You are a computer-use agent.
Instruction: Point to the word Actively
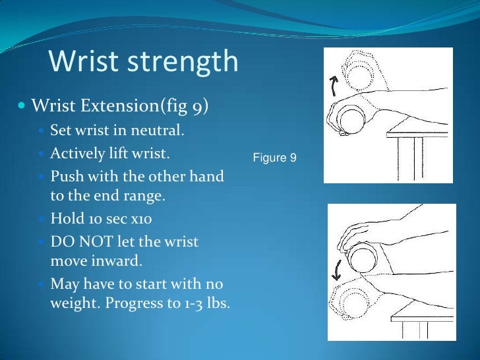coord(78,154)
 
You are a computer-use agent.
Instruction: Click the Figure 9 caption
coord(275,158)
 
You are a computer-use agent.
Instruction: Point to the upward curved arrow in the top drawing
coord(334,84)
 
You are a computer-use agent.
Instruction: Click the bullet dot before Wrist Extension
coord(22,106)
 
